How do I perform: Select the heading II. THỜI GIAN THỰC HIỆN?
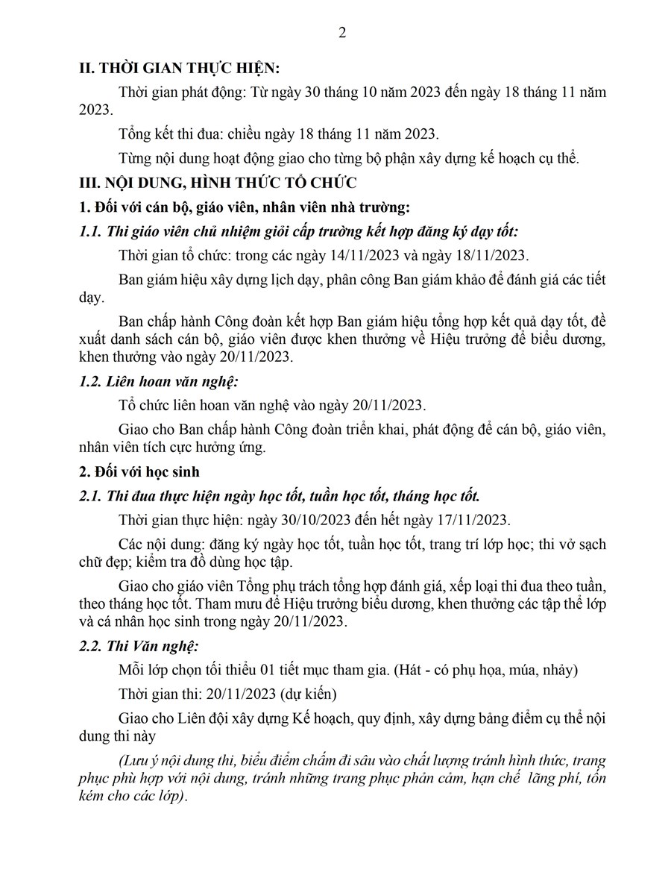(179, 68)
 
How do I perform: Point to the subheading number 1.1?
(91, 231)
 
